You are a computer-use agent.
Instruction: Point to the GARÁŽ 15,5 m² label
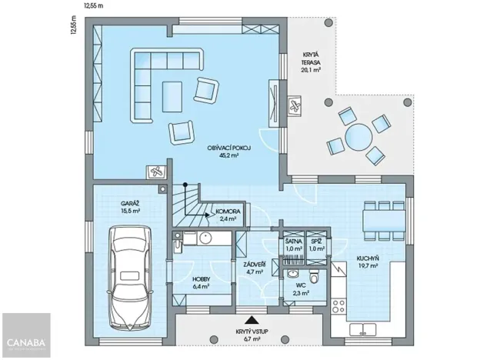129,205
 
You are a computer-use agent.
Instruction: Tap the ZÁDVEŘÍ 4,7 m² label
255,268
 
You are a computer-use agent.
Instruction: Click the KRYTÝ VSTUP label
252,335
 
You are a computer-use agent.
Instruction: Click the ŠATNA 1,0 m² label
293,245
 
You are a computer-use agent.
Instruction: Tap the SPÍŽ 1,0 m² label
317,245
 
